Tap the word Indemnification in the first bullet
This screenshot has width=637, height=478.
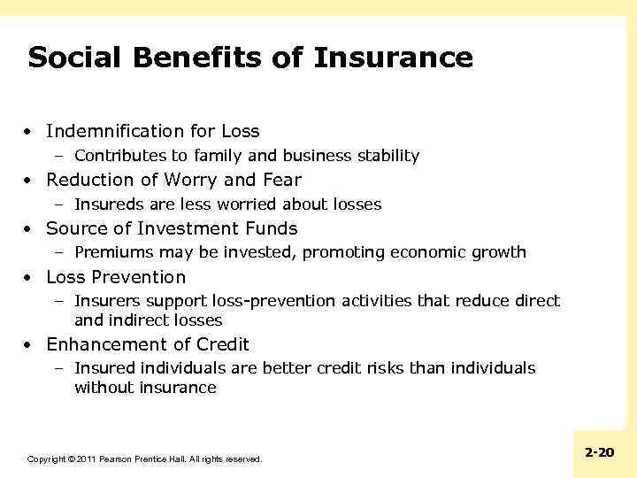pyautogui.click(x=115, y=131)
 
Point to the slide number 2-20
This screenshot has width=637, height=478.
pyautogui.click(x=599, y=452)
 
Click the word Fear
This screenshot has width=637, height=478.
pyautogui.click(x=281, y=180)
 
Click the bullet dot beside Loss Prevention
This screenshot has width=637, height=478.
pyautogui.click(x=29, y=277)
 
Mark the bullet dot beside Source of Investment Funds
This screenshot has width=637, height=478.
pyautogui.click(x=29, y=228)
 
